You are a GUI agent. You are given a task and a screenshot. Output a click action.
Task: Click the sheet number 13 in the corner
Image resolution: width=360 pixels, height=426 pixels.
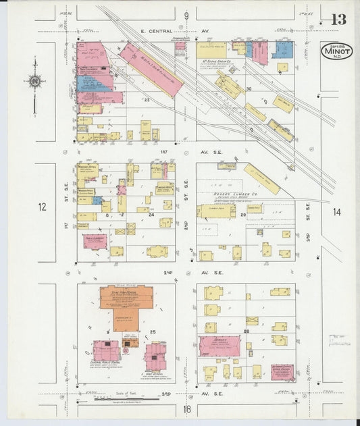pos(338,19)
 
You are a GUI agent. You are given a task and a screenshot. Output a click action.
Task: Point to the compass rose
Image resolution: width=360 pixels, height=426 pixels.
pos(34,82)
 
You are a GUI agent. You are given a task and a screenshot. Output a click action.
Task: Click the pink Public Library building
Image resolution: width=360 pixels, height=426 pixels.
pos(95,240)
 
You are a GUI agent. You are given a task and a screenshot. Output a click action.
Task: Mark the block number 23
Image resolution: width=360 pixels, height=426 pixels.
pos(146,100)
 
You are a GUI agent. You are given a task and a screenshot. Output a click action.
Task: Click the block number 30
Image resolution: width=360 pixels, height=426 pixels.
pos(249,89)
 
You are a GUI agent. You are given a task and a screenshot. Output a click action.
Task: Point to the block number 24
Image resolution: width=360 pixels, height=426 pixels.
pos(151,215)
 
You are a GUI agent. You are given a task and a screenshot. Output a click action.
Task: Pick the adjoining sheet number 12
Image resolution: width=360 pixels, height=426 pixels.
pos(43,206)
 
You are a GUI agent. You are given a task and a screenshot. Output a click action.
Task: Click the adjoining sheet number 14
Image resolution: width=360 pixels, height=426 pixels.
pos(336,213)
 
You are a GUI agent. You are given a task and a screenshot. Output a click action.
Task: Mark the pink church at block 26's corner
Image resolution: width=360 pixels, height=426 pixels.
pos(282,372)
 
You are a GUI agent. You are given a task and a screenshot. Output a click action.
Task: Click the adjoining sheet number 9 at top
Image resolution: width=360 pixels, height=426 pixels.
pos(186,14)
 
